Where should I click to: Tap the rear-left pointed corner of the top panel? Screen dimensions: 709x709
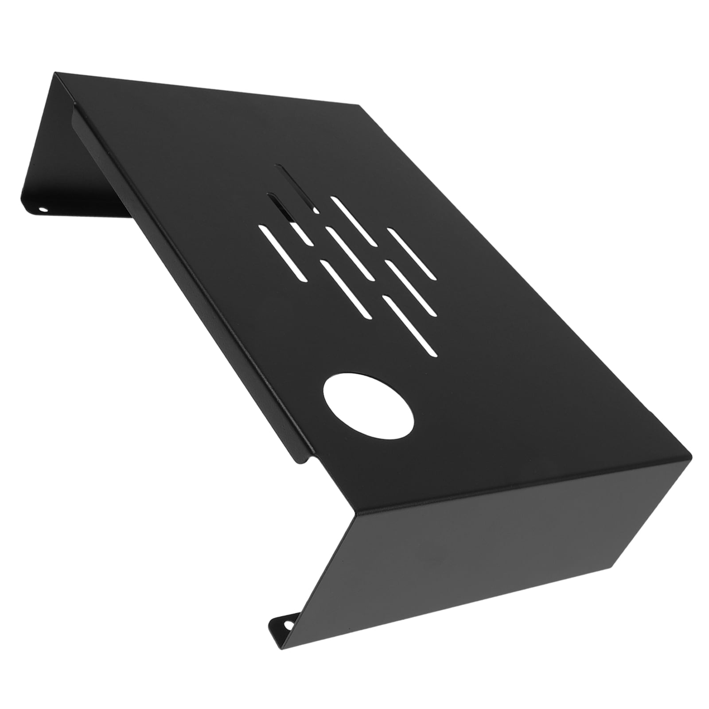pos(55,74)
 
